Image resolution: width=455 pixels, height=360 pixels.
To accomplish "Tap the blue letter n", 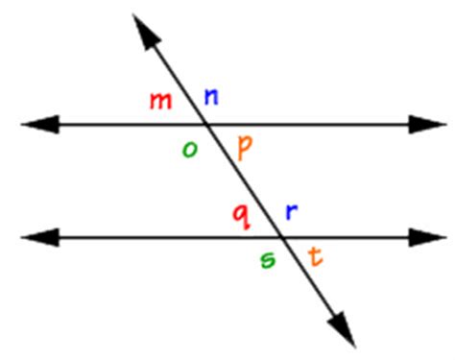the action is pos(211,96).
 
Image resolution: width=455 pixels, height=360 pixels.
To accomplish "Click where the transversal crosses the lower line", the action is pos(280,236).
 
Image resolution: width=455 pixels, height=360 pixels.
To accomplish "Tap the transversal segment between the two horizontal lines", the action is pos(244,180).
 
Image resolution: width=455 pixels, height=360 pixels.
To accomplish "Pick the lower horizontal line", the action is pos(144,236).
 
